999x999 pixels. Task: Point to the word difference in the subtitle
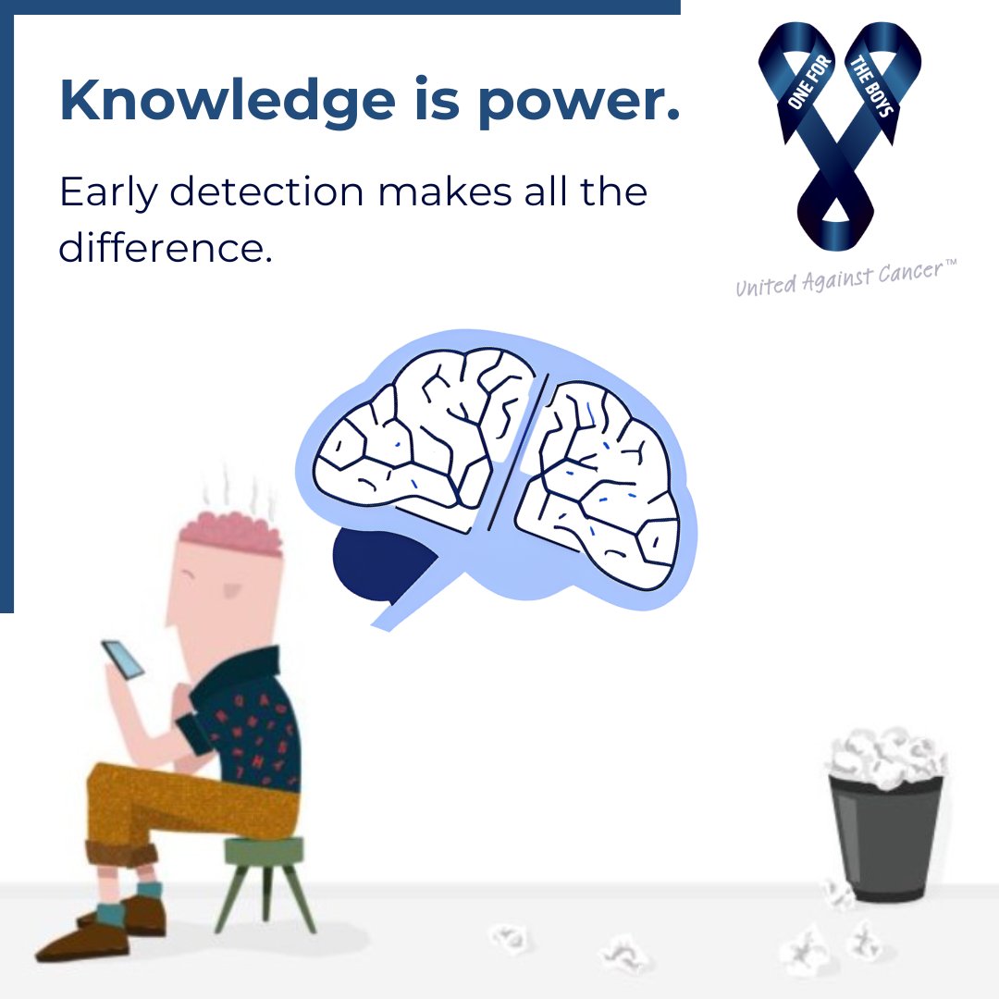tap(166, 249)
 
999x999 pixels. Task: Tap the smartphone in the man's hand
tap(124, 660)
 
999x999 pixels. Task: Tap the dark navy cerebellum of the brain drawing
tap(379, 560)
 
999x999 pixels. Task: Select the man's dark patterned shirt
tap(250, 721)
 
